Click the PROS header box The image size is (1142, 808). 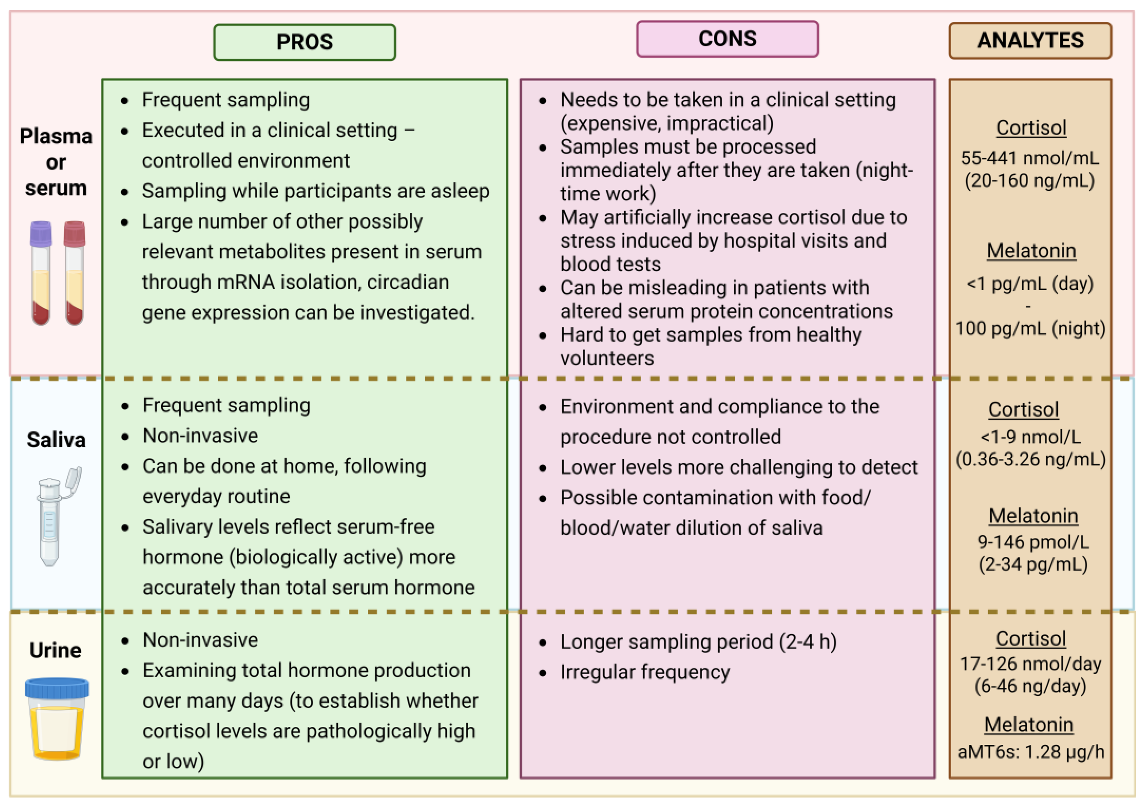point(305,42)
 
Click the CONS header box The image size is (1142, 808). point(727,39)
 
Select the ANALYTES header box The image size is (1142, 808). point(1030,41)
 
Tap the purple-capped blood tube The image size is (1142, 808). point(41,274)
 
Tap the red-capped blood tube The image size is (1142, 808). point(74,274)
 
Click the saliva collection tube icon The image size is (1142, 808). point(52,517)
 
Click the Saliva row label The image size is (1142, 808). point(56,440)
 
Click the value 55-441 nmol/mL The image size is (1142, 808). point(1030,158)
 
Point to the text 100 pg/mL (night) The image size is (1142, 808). point(1030,328)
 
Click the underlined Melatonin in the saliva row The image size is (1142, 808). point(1033,516)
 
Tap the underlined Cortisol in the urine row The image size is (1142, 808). point(1031,638)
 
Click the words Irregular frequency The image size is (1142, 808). point(645,672)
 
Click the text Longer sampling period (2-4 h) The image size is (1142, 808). point(698,642)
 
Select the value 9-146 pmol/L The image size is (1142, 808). point(1033,542)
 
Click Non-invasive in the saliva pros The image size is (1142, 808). point(201,436)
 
